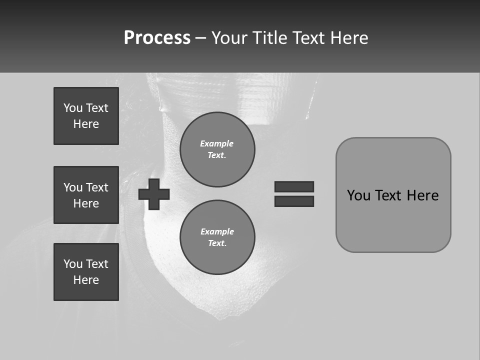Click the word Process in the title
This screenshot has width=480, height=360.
[x=157, y=38]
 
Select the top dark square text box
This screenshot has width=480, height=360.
[x=86, y=116]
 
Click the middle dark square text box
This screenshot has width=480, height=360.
[x=86, y=195]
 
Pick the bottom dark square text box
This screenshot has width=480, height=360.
[x=86, y=272]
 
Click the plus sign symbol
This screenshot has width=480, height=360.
[x=154, y=194]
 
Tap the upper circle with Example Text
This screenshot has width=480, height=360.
[x=217, y=149]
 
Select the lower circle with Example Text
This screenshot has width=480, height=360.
[x=217, y=237]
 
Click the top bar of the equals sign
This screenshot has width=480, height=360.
[x=294, y=186]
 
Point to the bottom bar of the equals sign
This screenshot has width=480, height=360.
[x=294, y=201]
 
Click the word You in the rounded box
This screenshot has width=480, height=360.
[x=358, y=195]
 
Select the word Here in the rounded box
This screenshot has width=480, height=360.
[x=422, y=195]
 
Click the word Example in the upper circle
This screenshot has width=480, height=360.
[x=217, y=143]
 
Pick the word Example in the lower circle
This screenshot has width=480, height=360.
[x=217, y=231]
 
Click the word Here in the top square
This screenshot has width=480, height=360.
[x=86, y=124]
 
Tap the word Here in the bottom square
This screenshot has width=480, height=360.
[x=86, y=280]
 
